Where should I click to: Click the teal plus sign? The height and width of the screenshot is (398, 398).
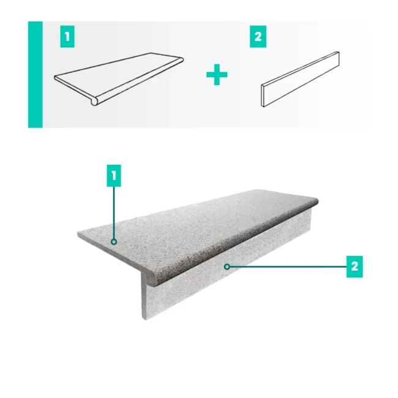pyautogui.click(x=217, y=75)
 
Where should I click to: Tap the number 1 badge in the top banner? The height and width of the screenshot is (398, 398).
pyautogui.click(x=68, y=37)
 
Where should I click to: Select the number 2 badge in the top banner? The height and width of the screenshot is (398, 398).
pyautogui.click(x=258, y=37)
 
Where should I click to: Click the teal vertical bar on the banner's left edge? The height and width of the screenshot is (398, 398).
pyautogui.click(x=35, y=75)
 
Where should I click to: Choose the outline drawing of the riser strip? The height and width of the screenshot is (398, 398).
pyautogui.click(x=300, y=80)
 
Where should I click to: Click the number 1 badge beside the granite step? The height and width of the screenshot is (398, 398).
pyautogui.click(x=113, y=177)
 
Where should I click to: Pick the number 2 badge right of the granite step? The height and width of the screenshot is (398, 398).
pyautogui.click(x=355, y=267)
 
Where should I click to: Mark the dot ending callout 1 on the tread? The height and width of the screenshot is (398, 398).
pyautogui.click(x=114, y=242)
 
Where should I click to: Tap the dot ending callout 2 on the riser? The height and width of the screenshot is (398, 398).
pyautogui.click(x=226, y=266)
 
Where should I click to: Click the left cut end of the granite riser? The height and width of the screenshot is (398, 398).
pyautogui.click(x=147, y=300)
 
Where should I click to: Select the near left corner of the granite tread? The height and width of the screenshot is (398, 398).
pyautogui.click(x=78, y=234)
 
